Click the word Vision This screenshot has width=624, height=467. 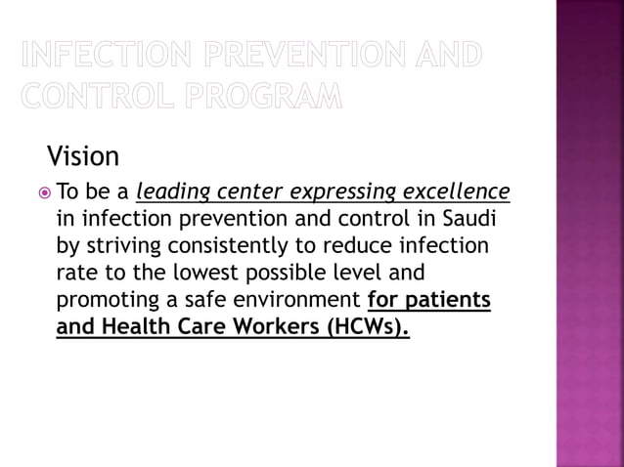[x=83, y=155]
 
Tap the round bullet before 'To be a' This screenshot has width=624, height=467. [x=43, y=192]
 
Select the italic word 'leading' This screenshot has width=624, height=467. [x=173, y=191]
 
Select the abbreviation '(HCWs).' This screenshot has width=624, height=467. [x=367, y=326]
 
